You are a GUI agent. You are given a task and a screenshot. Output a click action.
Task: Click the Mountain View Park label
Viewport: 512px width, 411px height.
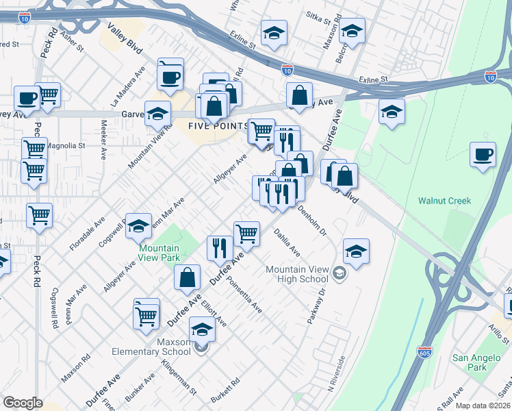[159, 253]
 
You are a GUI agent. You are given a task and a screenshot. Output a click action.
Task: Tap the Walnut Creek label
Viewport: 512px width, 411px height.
[445, 201]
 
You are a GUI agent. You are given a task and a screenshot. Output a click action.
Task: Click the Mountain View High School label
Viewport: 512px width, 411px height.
[296, 274]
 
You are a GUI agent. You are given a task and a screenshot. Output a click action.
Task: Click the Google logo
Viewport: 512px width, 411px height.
[23, 403]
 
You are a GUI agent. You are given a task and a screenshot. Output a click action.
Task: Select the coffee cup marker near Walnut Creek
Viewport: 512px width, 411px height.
[483, 154]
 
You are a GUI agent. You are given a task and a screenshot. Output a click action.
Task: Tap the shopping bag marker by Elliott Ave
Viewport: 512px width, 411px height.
[187, 277]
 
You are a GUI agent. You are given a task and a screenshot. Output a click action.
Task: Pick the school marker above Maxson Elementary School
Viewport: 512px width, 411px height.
[201, 330]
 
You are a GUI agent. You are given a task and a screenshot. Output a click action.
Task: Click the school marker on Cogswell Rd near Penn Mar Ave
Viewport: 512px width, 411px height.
[138, 225]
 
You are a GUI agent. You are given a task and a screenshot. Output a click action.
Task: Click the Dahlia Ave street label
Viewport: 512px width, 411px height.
[287, 243]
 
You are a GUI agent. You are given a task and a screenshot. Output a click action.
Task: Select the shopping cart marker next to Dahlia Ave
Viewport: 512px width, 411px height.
[246, 233]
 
